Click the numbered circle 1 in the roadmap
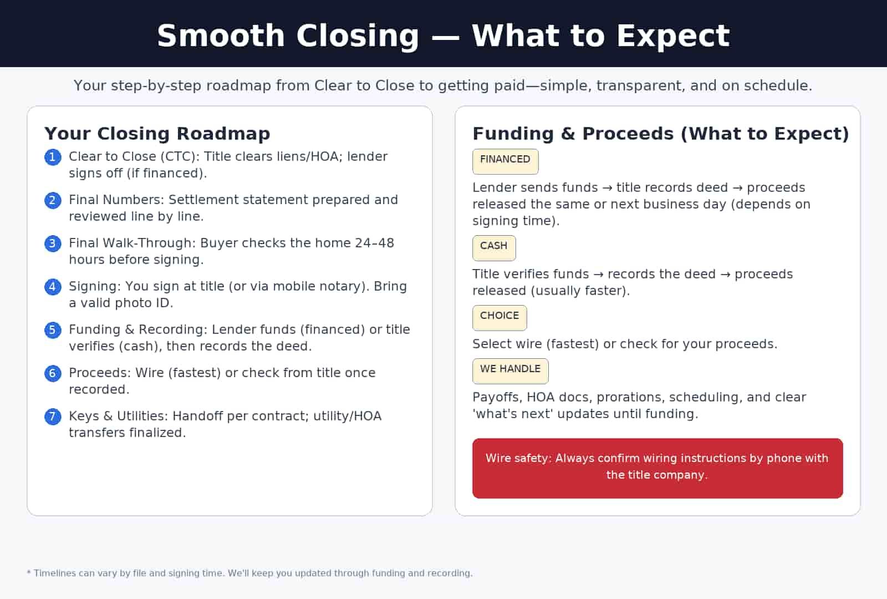pyautogui.click(x=53, y=157)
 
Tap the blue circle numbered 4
pyautogui.click(x=53, y=287)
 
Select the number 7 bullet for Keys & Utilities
pyautogui.click(x=53, y=417)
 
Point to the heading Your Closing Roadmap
pyautogui.click(x=157, y=134)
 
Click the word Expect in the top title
pyautogui.click(x=672, y=36)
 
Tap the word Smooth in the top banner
pyautogui.click(x=221, y=36)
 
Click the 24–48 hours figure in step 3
pyautogui.click(x=374, y=243)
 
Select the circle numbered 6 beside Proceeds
pyautogui.click(x=53, y=373)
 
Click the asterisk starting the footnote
pyautogui.click(x=29, y=572)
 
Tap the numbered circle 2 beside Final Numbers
pyautogui.click(x=53, y=200)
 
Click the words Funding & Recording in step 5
pyautogui.click(x=137, y=329)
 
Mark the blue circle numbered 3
pyautogui.click(x=53, y=243)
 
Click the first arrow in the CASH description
pyautogui.click(x=598, y=275)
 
